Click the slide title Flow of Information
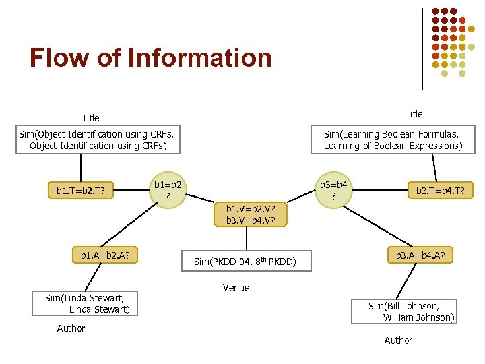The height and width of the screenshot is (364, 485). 150,58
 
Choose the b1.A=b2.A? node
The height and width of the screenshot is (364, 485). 105,255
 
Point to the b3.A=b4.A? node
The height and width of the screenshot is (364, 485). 424,255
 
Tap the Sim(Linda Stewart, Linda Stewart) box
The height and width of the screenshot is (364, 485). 84,303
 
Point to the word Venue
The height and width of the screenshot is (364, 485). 236,288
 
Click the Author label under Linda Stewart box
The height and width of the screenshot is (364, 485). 71,328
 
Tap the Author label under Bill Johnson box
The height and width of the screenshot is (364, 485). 398,340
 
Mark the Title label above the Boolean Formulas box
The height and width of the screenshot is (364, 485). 414,113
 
